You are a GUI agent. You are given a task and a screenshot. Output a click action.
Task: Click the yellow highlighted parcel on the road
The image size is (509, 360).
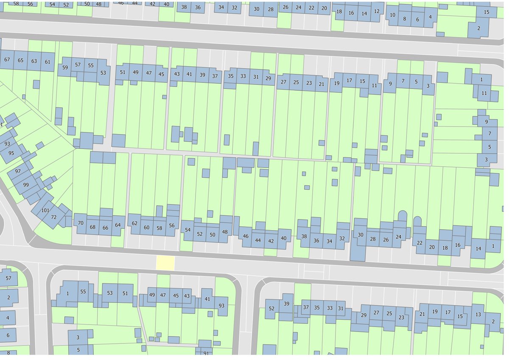click(165, 263)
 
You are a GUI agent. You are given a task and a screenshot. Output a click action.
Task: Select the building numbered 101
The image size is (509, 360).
click(45, 211)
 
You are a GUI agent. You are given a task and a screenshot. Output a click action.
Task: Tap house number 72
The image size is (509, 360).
click(54, 217)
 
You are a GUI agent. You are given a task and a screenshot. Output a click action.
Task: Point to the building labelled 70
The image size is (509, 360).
click(81, 222)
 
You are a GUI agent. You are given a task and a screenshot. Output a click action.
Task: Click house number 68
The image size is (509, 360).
click(92, 227)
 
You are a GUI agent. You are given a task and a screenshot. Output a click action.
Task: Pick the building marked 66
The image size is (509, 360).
click(105, 227)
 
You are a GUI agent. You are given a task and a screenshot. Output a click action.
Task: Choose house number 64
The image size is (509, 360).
click(117, 225)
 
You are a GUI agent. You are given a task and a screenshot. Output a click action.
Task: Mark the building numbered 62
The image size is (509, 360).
click(134, 223)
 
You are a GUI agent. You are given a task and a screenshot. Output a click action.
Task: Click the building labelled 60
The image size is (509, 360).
click(146, 228)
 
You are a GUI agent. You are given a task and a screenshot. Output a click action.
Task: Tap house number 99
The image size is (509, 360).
click(26, 185)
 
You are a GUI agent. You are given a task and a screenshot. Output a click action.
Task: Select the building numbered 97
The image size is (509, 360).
click(18, 171)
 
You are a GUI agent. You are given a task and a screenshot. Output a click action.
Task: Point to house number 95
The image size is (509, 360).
click(11, 153)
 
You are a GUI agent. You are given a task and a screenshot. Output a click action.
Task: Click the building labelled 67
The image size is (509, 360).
click(7, 60)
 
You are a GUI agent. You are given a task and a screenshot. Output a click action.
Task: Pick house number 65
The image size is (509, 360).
click(20, 60)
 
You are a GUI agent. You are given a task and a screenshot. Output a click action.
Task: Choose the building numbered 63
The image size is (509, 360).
click(34, 61)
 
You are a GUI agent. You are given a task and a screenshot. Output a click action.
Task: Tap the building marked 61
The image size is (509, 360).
click(48, 62)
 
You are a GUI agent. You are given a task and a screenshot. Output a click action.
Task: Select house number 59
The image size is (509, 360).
click(65, 67)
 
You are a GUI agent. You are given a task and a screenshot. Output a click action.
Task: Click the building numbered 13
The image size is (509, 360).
click(478, 315)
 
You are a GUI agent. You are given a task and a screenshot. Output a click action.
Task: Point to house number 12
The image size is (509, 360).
click(376, 11)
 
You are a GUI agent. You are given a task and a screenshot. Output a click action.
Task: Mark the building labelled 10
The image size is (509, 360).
click(392, 15)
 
